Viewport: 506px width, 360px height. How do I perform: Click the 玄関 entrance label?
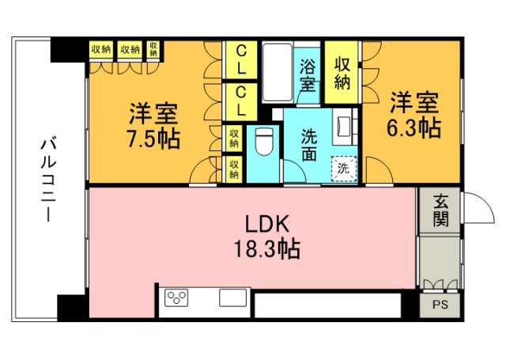click(x=440, y=211)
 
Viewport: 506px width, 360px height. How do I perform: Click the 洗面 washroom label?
click(x=309, y=146)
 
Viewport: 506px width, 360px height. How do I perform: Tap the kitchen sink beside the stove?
click(x=235, y=299)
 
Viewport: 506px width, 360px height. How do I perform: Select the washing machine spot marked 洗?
click(x=343, y=168)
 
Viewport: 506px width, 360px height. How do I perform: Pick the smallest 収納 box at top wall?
click(x=153, y=49)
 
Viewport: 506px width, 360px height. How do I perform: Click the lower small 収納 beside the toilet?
click(x=234, y=167)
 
